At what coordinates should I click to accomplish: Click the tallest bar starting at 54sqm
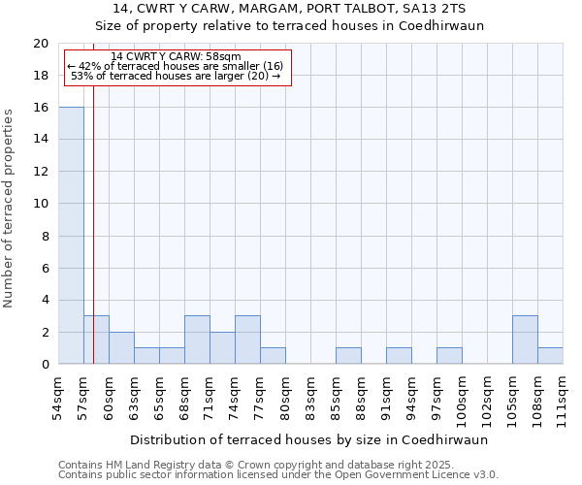[71, 236]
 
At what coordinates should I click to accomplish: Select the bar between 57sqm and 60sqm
[96, 339]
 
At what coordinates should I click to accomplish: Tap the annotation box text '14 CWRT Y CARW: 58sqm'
[176, 57]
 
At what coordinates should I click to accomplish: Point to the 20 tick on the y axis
[40, 44]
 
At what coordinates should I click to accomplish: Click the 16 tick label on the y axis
[40, 108]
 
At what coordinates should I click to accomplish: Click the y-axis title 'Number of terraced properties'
[10, 209]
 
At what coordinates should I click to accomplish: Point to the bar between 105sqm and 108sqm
[525, 339]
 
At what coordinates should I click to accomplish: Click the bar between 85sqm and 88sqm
[348, 356]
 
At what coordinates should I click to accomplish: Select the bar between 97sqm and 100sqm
[449, 356]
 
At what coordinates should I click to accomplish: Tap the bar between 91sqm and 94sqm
[399, 356]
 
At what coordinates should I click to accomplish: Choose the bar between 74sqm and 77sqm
[247, 339]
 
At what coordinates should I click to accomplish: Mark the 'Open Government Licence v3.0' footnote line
[277, 475]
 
